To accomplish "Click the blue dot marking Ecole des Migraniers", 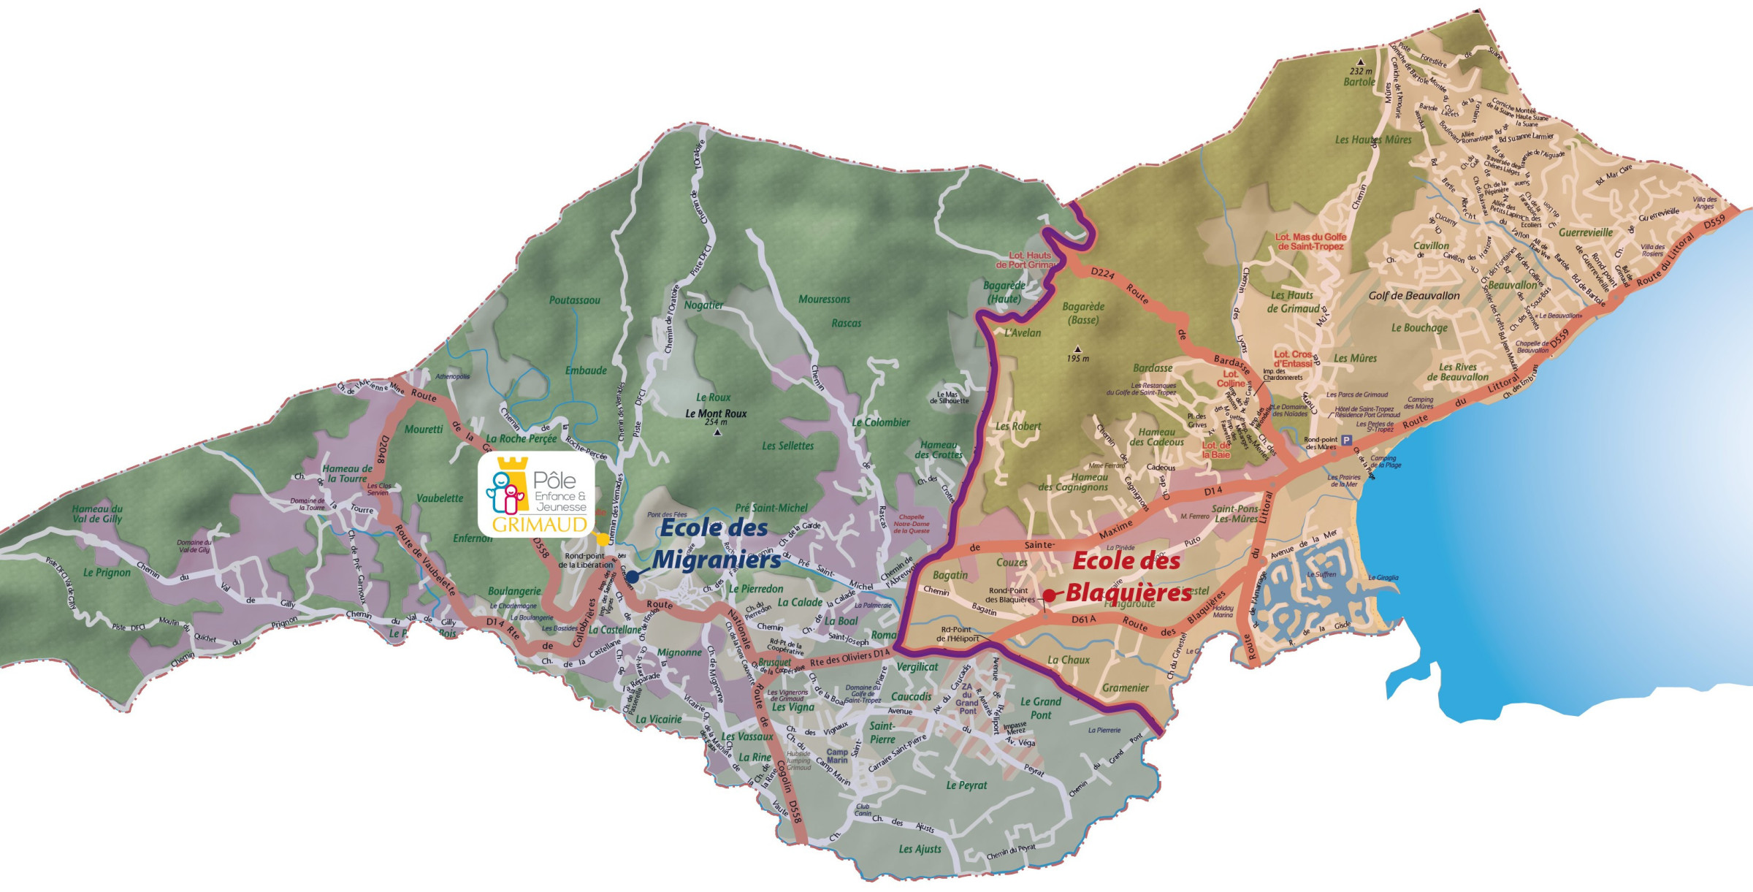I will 633,576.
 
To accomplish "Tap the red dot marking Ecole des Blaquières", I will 1049,595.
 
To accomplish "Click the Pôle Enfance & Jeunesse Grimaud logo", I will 537,495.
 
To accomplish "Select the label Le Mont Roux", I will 716,413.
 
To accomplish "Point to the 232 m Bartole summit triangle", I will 1360,62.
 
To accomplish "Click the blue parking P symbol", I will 1346,441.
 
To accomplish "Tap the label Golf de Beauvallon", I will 1413,296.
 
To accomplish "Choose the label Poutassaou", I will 575,300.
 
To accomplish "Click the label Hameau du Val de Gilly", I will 97,514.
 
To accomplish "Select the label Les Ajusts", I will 920,849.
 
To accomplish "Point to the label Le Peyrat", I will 966,785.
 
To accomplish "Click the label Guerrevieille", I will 1586,232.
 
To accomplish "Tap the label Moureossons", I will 824,299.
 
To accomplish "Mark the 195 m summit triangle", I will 1077,349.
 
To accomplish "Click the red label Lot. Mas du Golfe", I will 1310,242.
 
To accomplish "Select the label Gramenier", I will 1125,687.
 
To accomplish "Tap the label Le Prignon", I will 107,573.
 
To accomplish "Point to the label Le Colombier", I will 881,422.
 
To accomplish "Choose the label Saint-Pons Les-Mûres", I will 1234,514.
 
